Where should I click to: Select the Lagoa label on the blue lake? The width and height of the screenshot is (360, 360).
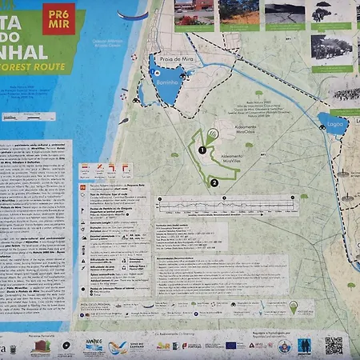click(332, 125)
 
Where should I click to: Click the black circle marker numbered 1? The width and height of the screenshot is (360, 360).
click(202, 150)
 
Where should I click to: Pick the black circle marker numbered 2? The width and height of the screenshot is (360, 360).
click(214, 182)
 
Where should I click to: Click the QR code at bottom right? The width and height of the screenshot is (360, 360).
click(334, 346)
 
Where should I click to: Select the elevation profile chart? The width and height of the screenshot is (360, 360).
click(227, 206)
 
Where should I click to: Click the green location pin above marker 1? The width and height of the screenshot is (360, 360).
click(211, 135)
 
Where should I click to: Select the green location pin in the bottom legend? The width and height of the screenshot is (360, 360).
click(293, 307)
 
